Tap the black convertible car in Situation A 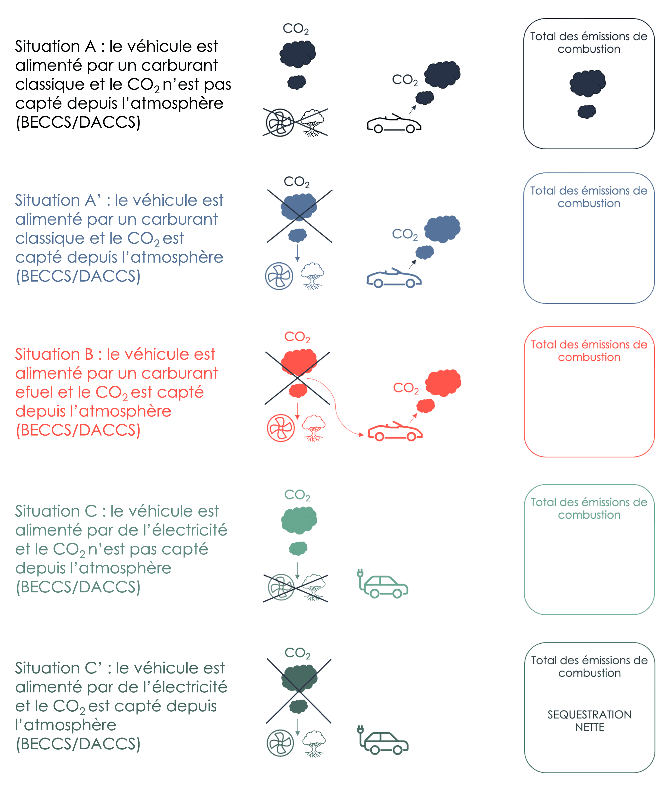point(394,124)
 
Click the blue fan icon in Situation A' point(279,276)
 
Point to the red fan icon point(281,428)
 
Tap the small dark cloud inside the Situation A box point(586,111)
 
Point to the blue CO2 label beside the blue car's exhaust point(405,234)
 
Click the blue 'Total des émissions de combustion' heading point(589,197)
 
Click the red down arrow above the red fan point(298,411)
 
